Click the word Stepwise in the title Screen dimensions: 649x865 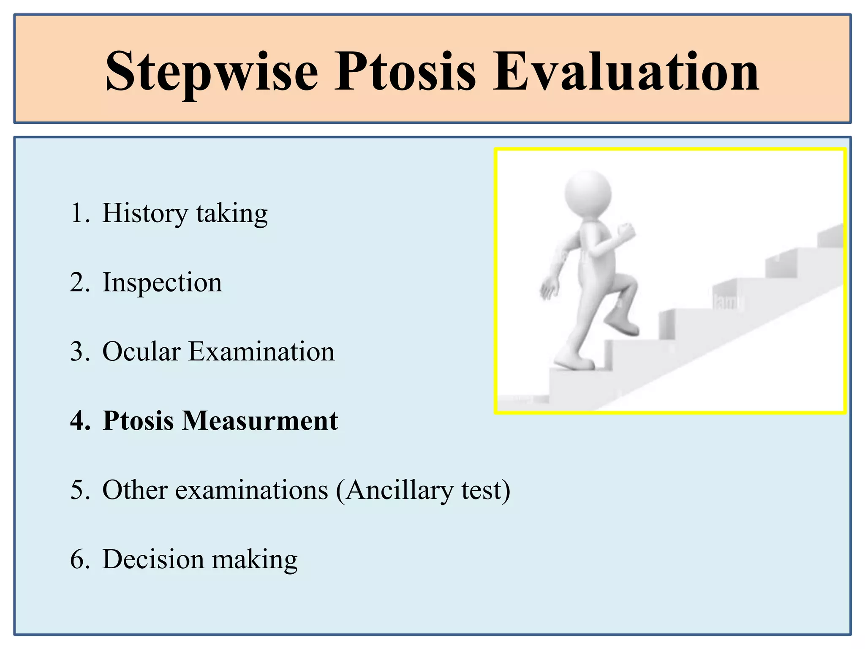click(x=211, y=72)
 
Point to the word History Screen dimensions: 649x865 click(x=145, y=214)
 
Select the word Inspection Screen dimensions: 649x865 click(x=162, y=283)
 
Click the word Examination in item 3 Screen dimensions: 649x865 click(x=261, y=352)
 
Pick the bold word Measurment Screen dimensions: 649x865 click(x=260, y=421)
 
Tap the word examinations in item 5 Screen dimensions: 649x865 click(x=251, y=490)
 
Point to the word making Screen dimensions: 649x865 click(x=254, y=560)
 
